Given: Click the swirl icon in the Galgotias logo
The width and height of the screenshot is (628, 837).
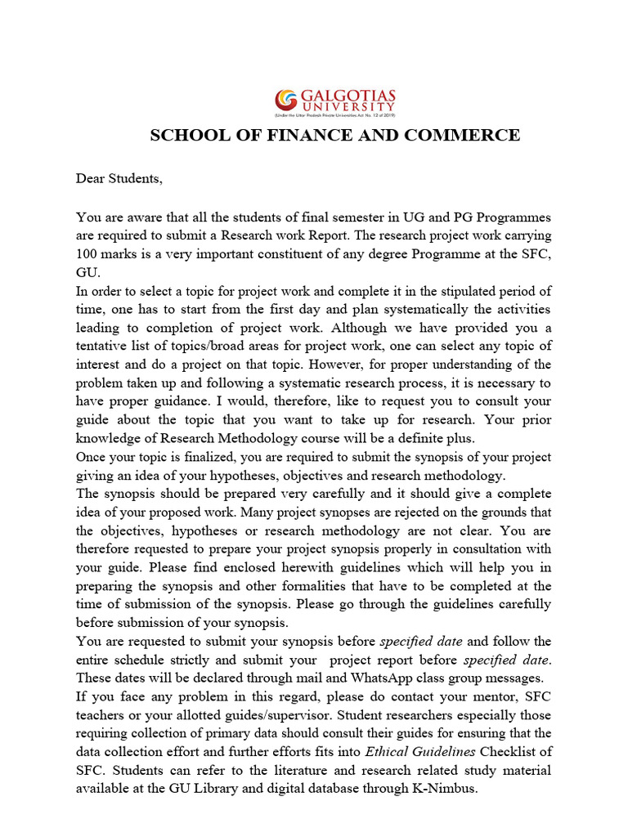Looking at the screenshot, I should tap(286, 100).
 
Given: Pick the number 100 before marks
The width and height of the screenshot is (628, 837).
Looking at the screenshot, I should tap(91, 253).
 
